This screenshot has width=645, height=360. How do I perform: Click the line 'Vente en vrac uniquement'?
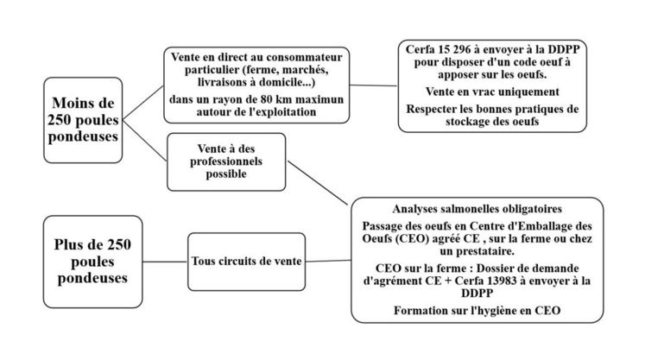[x=490, y=92]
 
